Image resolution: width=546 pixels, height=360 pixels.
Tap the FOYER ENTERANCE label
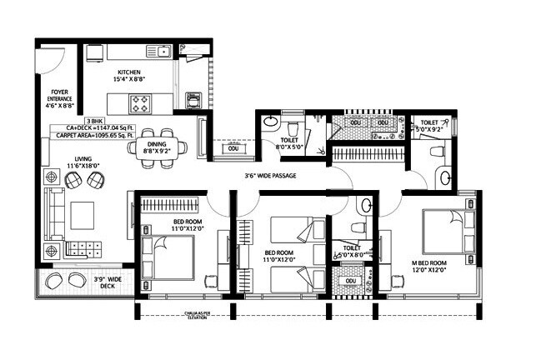(x=60, y=98)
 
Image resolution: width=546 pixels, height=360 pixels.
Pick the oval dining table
(x=158, y=147)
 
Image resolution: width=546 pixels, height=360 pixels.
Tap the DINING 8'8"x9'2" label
(x=158, y=147)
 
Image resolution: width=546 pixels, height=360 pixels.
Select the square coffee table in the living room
(x=83, y=215)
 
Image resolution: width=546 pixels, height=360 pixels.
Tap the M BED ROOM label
(x=429, y=266)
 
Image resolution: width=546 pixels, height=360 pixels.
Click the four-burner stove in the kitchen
(x=142, y=105)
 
